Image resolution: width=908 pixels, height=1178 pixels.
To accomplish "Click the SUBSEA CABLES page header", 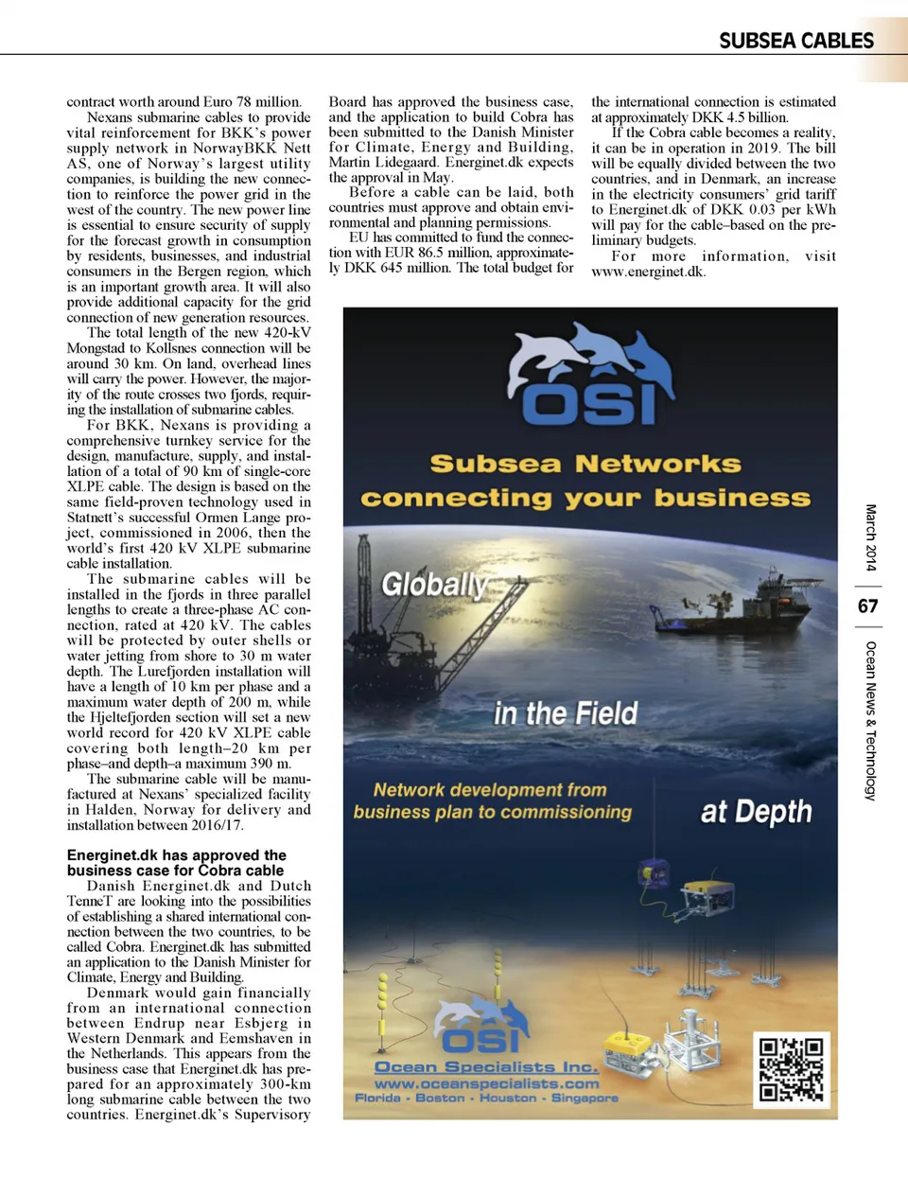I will point(795,41).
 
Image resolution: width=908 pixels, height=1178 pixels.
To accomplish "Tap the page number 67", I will point(867,606).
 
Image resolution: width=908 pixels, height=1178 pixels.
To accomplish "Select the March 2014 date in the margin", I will point(870,537).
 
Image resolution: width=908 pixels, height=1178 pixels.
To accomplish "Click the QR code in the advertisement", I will point(792,1070).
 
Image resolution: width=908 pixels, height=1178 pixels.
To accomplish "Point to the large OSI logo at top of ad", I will point(590,378).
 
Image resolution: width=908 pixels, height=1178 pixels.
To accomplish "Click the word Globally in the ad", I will point(433,584).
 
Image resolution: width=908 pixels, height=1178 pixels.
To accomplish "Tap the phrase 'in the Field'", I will point(566,712).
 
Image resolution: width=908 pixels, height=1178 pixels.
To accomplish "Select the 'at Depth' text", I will point(756,812).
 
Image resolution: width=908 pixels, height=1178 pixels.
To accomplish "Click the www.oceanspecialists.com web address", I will point(486,1083).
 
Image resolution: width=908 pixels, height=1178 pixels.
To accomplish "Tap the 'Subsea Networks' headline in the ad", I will point(585,464).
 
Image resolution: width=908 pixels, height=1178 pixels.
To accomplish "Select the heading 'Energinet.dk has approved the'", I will point(176,854).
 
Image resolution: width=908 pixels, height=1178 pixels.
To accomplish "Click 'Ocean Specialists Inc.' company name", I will point(486,1066).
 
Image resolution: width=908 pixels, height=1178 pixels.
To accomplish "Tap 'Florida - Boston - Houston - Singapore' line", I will point(486,1099).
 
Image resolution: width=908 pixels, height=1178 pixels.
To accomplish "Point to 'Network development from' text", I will point(490,789).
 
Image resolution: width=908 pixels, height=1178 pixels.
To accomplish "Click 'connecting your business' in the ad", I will point(585,499).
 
